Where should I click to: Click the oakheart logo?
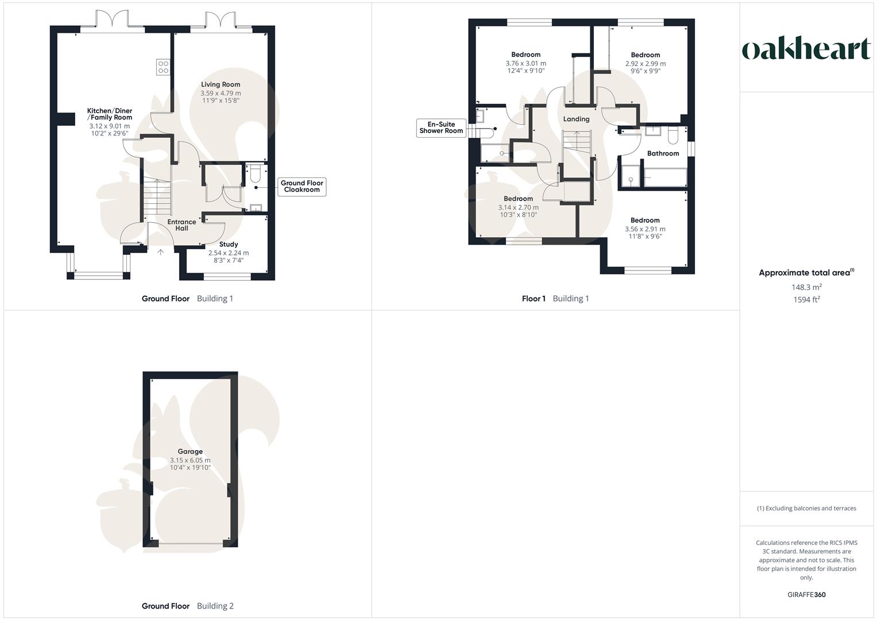point(806,49)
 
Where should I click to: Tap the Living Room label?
point(221,84)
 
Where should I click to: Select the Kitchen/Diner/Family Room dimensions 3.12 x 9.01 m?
point(109,126)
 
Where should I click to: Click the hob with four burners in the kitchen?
point(163,67)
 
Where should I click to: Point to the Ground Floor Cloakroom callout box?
point(302,187)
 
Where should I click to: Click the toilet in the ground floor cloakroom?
point(256,172)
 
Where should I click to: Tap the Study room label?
point(229,245)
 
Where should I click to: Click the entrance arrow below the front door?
point(161,251)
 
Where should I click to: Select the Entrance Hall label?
point(181,225)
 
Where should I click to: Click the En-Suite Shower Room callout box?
point(441,127)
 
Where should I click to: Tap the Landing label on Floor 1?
point(576,119)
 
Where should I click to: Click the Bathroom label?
point(663,153)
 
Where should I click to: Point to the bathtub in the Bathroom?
point(665,177)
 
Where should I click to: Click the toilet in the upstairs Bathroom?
point(673,135)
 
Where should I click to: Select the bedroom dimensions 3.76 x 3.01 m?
point(526,64)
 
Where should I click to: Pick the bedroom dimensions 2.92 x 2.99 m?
point(646,64)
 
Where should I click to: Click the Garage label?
point(190,452)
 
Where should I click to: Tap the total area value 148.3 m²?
point(806,287)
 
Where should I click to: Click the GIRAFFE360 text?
point(806,595)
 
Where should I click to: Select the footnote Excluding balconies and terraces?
point(806,508)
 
